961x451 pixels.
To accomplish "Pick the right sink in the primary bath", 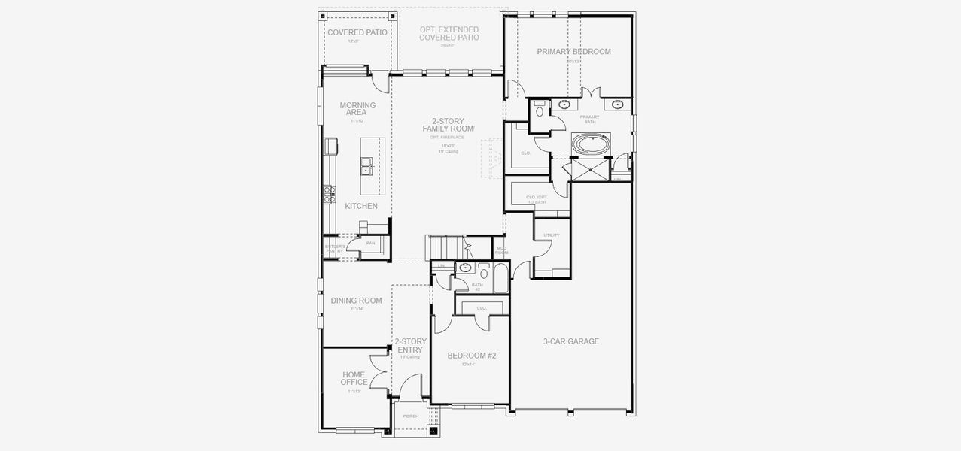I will click(x=619, y=104).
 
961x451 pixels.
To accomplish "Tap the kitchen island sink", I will click(x=366, y=166).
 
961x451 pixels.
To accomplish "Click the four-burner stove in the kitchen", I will click(x=328, y=195).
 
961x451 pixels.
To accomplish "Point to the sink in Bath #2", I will click(x=467, y=267).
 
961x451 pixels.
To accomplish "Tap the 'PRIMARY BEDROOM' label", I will click(x=573, y=52).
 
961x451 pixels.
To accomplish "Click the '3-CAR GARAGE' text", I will click(x=571, y=341).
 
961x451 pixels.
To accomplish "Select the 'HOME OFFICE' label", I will click(x=354, y=378).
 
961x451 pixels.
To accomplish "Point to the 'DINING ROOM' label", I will click(x=356, y=301).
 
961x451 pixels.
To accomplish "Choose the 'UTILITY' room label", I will click(x=552, y=235).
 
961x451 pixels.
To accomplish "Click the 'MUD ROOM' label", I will click(x=501, y=250).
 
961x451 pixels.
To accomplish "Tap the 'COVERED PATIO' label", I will click(x=357, y=32).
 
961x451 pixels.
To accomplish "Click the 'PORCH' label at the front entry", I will click(x=410, y=416).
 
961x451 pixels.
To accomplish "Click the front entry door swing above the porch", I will click(x=410, y=387).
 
